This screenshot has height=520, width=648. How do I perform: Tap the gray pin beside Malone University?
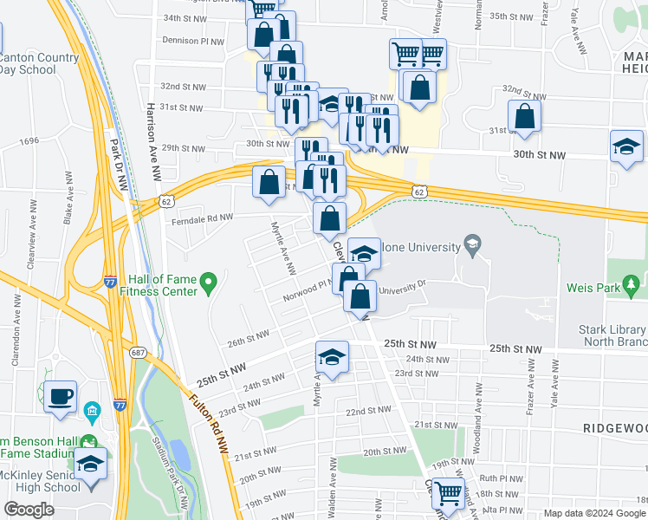coord(472,246)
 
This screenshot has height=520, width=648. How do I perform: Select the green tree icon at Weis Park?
coord(633,285)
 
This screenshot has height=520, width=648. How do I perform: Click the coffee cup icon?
coord(60,396)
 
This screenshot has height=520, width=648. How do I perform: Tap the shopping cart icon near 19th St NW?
coord(448,494)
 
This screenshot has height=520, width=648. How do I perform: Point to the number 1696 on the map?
coord(29,140)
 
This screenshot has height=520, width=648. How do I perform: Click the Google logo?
coord(29,509)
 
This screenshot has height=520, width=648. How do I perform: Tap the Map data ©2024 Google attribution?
coord(593,513)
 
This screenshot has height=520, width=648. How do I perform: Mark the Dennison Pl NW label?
coord(193,39)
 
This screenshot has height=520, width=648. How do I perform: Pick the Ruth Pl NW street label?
coord(499,478)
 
